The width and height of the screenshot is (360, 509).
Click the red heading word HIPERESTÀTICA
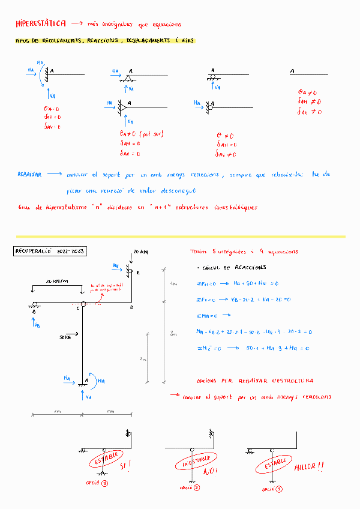click(x=41, y=23)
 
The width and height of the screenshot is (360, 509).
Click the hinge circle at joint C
click(x=84, y=304)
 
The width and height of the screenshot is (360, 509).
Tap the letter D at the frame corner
click(x=131, y=307)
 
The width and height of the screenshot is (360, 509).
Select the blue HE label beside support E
click(x=116, y=264)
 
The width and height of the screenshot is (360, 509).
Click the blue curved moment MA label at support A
click(x=101, y=381)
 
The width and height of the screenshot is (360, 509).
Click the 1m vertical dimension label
click(x=173, y=283)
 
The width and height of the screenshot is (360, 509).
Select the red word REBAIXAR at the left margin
click(x=29, y=174)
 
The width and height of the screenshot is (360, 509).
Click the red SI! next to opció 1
click(x=126, y=465)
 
